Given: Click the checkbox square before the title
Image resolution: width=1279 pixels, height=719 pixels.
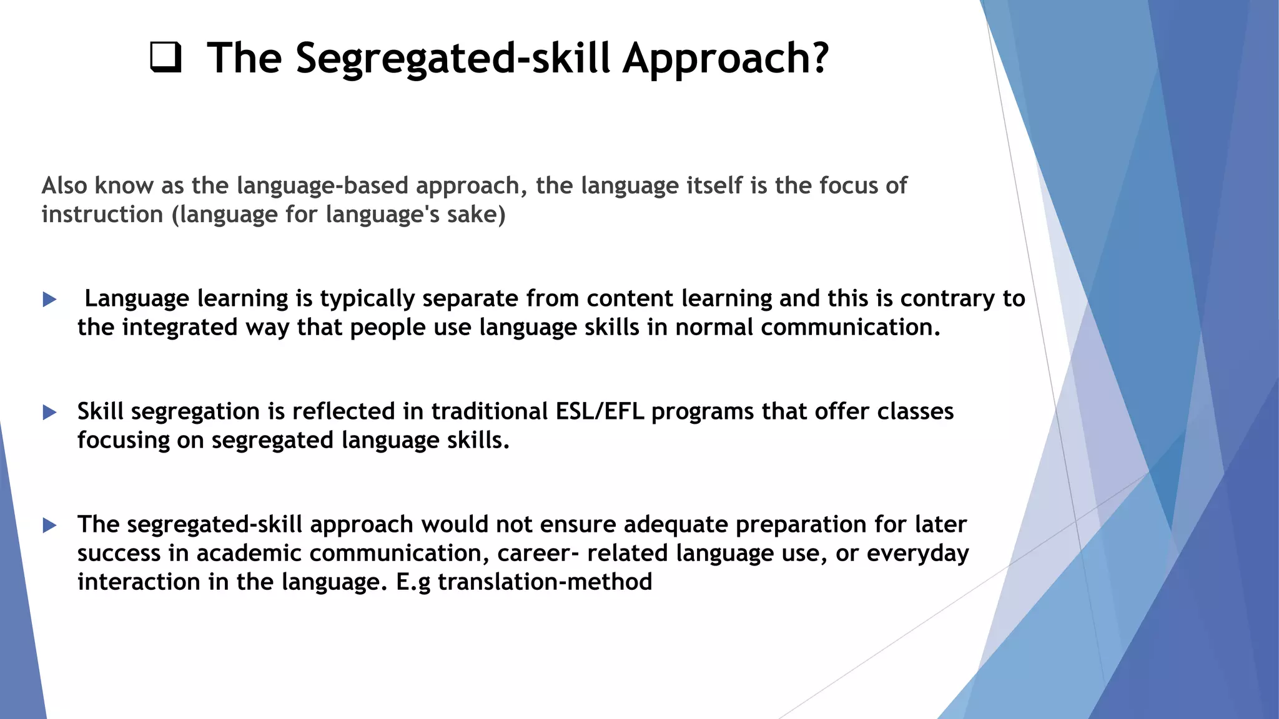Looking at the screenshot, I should pyautogui.click(x=166, y=57).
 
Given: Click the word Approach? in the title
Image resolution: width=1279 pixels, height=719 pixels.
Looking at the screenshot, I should pyautogui.click(x=726, y=59).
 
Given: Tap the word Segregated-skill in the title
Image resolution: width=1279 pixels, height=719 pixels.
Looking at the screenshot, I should pyautogui.click(x=452, y=59).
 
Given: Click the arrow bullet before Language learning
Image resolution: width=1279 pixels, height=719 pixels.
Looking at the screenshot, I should pyautogui.click(x=50, y=300).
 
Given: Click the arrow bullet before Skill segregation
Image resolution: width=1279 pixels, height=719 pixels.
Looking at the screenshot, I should pyautogui.click(x=50, y=413).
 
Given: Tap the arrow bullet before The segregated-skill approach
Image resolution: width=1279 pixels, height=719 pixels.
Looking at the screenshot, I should pyautogui.click(x=50, y=526).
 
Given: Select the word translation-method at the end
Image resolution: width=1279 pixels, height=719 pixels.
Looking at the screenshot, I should pyautogui.click(x=545, y=582).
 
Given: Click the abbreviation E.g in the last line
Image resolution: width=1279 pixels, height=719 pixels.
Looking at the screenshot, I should pyautogui.click(x=413, y=582).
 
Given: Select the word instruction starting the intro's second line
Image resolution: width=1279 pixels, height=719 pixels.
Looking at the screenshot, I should pyautogui.click(x=102, y=215).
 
